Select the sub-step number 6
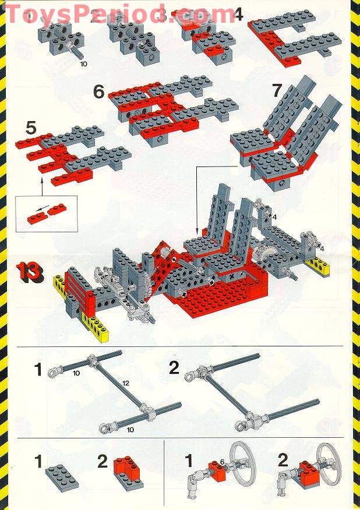coord(99,91)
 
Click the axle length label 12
coord(126,382)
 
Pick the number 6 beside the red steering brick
coord(222,462)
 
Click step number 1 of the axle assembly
coord(38,369)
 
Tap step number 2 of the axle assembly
coord(174,368)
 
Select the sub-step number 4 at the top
coord(238,15)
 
